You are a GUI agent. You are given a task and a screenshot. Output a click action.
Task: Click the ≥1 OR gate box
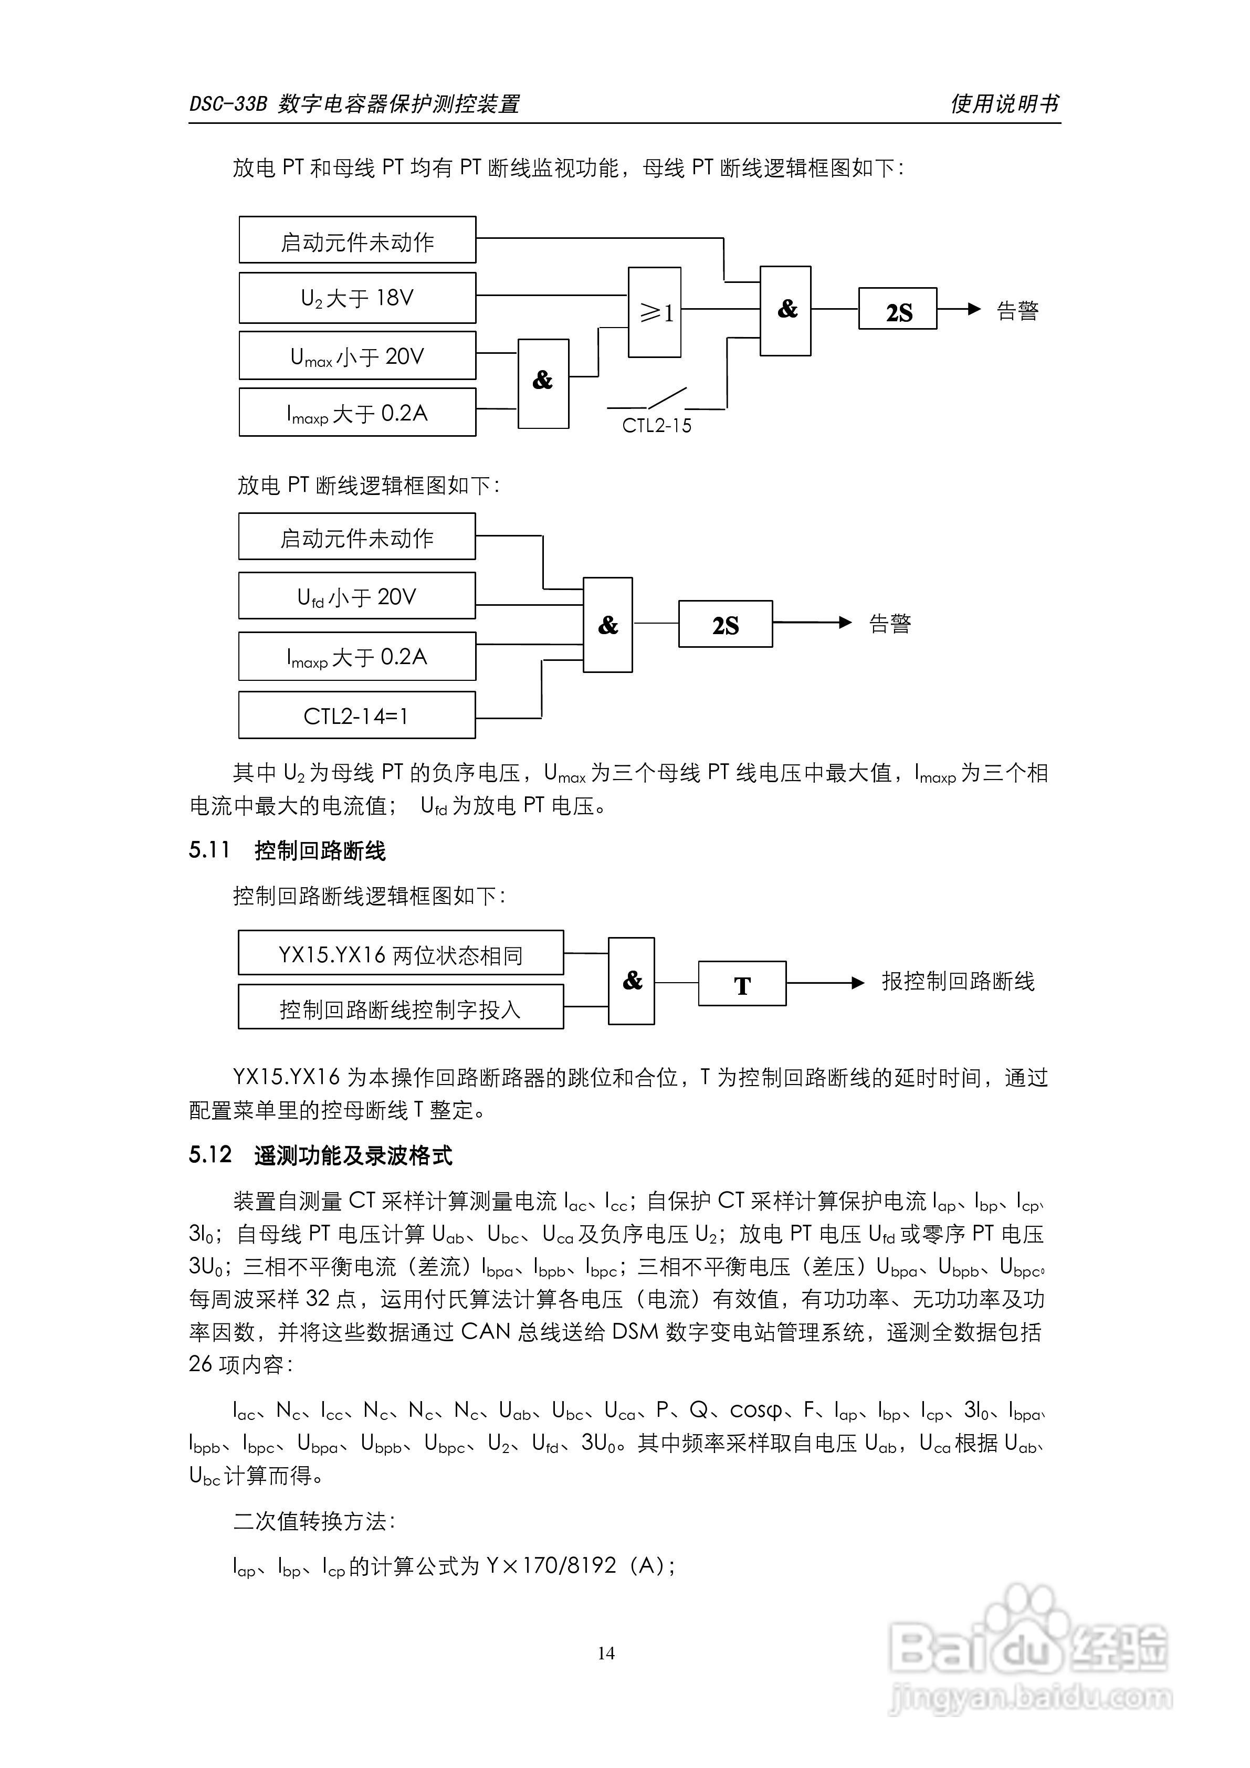click(654, 312)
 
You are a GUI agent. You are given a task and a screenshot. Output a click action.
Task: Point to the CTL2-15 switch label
click(656, 426)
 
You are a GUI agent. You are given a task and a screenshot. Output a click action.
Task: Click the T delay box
click(742, 983)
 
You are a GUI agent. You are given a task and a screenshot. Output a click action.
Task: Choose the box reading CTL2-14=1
click(356, 715)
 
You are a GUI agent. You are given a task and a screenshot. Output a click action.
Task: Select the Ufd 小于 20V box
click(356, 596)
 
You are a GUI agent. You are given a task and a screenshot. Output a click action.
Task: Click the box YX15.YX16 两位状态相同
click(401, 953)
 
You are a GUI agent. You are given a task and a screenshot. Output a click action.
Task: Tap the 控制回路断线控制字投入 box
click(401, 1007)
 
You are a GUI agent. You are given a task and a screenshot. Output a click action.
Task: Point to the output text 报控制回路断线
click(958, 982)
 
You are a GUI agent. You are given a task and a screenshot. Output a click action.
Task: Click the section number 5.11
click(209, 850)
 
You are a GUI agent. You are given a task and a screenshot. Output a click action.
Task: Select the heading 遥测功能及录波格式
click(353, 1155)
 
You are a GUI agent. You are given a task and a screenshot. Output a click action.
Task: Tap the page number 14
click(606, 1653)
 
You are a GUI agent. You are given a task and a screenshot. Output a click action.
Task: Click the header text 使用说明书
click(1004, 103)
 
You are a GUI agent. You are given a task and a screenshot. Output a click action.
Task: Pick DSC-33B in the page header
click(228, 104)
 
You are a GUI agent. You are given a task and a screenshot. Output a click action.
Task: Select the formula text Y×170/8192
click(551, 1565)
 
